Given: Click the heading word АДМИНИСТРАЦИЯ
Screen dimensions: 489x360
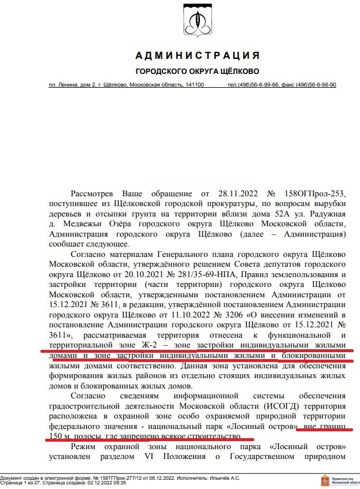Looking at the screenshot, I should tap(196, 55).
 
